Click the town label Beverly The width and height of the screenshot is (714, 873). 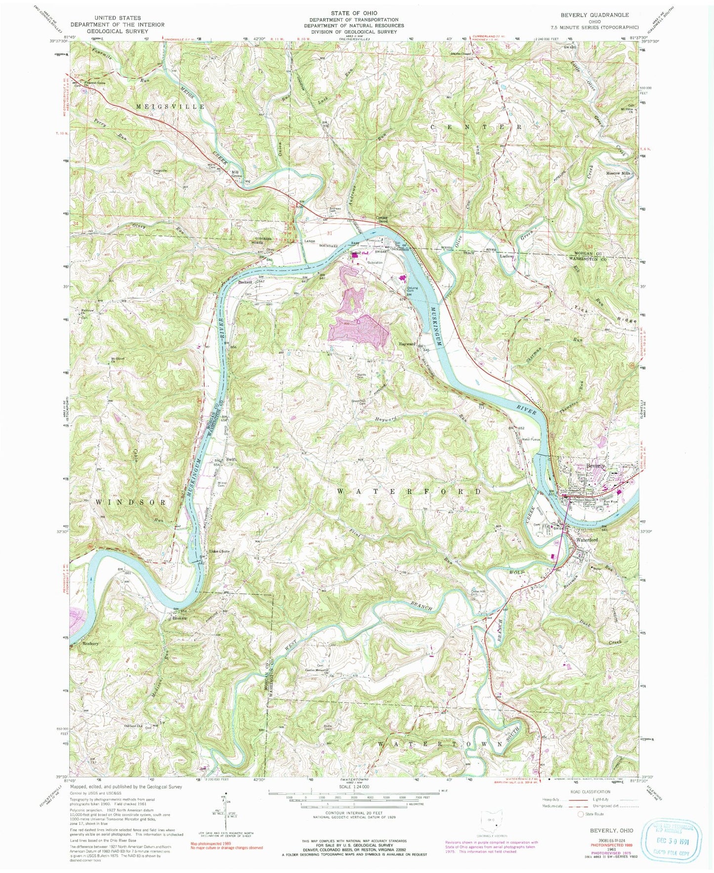(595, 466)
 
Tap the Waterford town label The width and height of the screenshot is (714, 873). (587, 540)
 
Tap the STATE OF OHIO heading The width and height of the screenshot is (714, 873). (354, 12)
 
